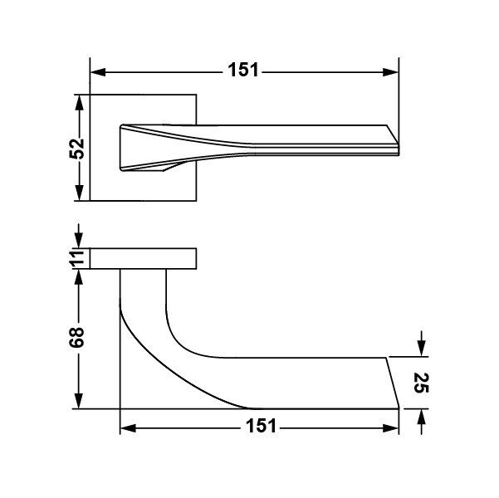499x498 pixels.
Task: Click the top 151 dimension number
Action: (243, 70)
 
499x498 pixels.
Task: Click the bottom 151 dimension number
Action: (262, 426)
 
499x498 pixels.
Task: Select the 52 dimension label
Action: (76, 149)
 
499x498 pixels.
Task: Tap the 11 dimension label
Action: (76, 258)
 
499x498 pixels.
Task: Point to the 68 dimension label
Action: (76, 337)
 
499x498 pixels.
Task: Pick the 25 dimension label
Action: (422, 383)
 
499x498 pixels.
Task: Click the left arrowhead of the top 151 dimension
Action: (98, 72)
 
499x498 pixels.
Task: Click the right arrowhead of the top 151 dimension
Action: (390, 72)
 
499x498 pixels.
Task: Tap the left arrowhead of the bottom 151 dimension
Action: (128, 428)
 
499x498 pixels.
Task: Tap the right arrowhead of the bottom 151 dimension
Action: (390, 428)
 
